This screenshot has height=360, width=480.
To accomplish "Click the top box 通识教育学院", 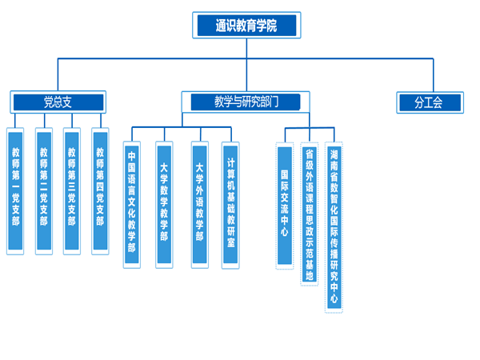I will point(246,26).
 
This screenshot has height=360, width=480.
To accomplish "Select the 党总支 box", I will point(58,102).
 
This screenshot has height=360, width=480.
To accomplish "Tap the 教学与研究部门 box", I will point(246,102).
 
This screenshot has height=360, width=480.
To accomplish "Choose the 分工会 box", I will point(429,102).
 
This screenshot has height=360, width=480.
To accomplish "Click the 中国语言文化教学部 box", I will point(131,204).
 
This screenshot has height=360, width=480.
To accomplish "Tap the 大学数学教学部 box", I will point(164,204).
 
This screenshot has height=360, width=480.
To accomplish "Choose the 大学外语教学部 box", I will point(199,204).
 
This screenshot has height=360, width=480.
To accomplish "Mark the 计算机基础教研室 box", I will point(230,204).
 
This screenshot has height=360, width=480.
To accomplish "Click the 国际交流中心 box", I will point(285,204).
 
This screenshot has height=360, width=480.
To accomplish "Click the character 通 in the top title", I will point(220,26).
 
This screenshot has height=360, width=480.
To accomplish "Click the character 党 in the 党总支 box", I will point(48,102).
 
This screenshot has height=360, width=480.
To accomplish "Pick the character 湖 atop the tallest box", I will point(334,153).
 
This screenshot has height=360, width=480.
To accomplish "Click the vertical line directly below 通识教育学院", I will point(246,48).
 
